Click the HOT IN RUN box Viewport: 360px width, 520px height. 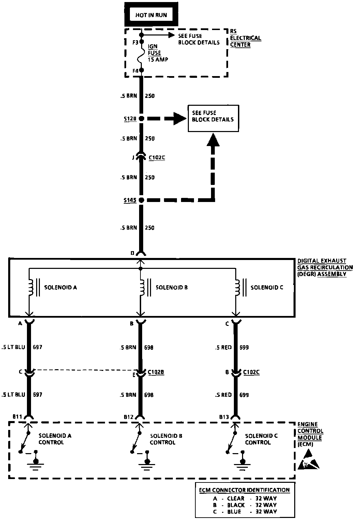(x=151, y=15)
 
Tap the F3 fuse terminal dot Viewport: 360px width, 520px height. (x=141, y=42)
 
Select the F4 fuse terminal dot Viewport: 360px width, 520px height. (x=141, y=70)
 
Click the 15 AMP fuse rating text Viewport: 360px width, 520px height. (x=158, y=59)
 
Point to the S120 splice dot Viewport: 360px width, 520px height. (x=141, y=119)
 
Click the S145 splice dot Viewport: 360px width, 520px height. (x=141, y=200)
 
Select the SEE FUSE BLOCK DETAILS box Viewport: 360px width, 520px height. (x=213, y=118)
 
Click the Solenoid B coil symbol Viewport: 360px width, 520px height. (x=141, y=287)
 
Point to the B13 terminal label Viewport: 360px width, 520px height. (x=225, y=417)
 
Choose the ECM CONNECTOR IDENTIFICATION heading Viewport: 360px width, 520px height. (x=244, y=490)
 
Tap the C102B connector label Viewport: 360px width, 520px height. (x=156, y=372)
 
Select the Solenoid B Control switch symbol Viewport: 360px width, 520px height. (x=136, y=442)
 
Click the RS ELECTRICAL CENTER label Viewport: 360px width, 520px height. (x=245, y=38)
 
